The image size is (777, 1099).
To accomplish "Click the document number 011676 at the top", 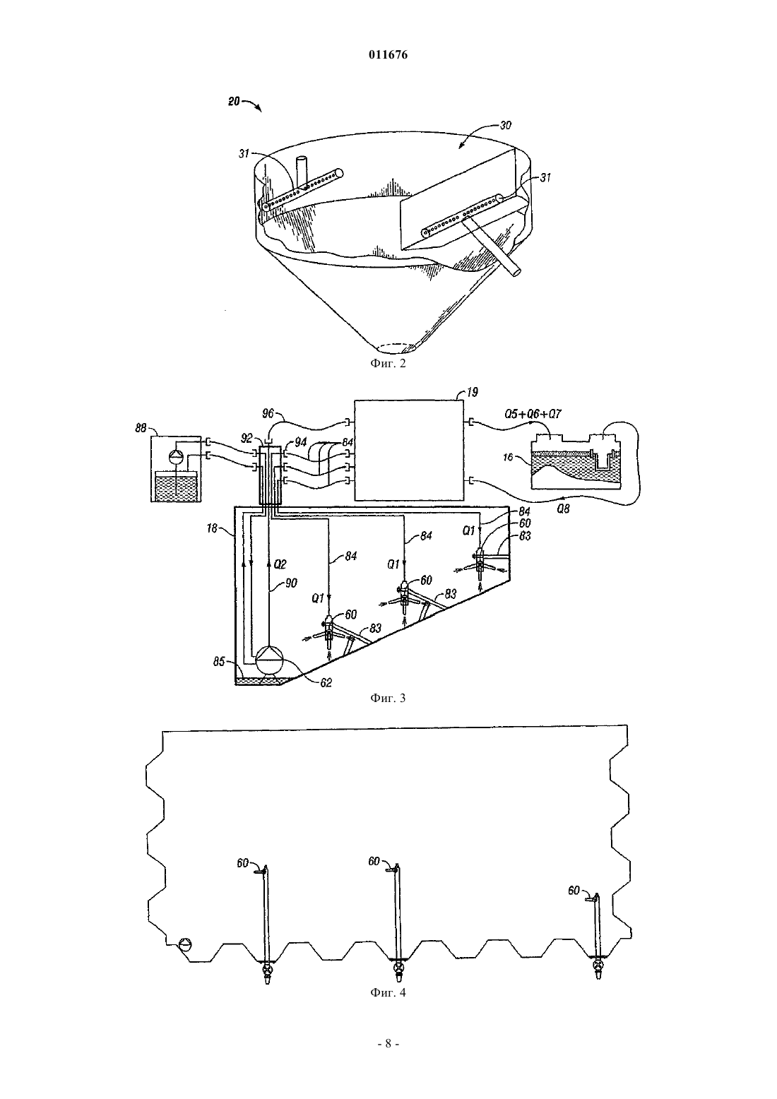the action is tap(388, 54).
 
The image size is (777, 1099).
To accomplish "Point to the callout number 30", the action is tap(505, 126).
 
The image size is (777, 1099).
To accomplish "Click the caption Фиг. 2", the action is tap(388, 364).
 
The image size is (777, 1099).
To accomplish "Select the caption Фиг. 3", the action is tap(388, 698).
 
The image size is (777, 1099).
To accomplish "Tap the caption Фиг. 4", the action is tap(388, 992).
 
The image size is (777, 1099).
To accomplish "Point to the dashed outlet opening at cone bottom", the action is tap(396, 348).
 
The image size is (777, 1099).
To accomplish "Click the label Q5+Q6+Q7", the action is tap(533, 414).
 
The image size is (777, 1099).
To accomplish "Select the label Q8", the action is tap(564, 509).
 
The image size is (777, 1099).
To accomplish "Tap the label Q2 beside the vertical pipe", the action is tap(280, 565).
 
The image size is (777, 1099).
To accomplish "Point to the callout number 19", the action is tap(472, 393).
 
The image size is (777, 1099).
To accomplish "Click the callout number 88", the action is tap(141, 428).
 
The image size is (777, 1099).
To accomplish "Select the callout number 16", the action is tap(508, 457).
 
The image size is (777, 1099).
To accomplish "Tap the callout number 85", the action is tap(219, 662).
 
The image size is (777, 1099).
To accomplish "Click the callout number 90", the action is tap(291, 584).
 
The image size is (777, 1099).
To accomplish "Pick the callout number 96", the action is tap(268, 414).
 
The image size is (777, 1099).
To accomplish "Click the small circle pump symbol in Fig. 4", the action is tap(185, 944).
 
